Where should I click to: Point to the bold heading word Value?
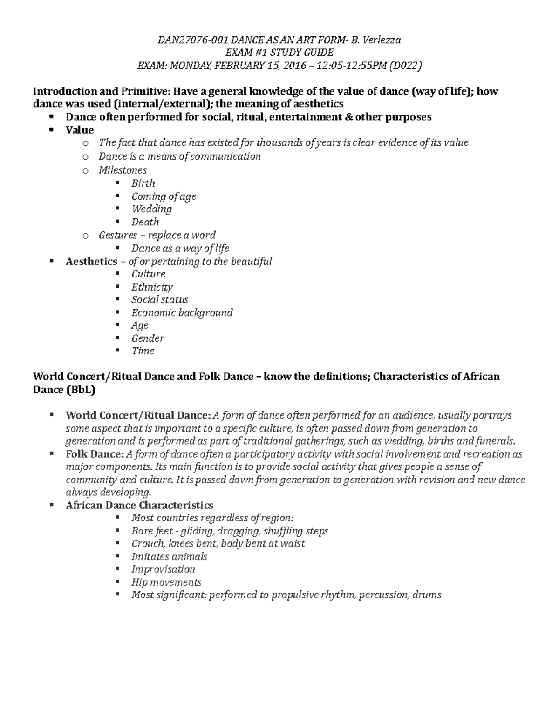(80, 130)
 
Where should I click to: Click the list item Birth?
(143, 183)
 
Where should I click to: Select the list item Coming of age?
(164, 196)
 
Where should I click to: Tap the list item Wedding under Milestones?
(151, 209)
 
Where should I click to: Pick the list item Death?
(145, 222)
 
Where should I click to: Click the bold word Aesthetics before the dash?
(91, 262)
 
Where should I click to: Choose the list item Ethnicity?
(152, 287)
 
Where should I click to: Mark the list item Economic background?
(182, 313)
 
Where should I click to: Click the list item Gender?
(148, 338)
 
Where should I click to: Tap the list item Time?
(143, 351)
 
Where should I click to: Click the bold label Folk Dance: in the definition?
(95, 454)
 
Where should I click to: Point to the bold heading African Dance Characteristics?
(139, 506)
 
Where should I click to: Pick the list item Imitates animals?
(169, 557)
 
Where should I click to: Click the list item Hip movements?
(166, 582)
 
